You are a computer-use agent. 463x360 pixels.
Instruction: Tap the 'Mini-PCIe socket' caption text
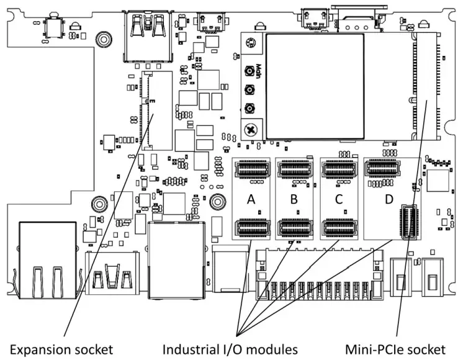click(x=396, y=349)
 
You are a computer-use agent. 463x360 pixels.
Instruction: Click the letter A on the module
click(x=251, y=199)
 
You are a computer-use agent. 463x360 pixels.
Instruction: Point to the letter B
click(x=294, y=199)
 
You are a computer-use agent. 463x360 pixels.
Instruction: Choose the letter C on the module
click(x=338, y=199)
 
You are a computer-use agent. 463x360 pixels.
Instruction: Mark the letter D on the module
click(x=389, y=199)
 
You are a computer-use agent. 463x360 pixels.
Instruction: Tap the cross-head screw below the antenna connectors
click(x=251, y=130)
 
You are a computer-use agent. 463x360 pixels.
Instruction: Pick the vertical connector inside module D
click(x=407, y=220)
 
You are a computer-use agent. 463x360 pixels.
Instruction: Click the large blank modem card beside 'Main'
click(x=315, y=86)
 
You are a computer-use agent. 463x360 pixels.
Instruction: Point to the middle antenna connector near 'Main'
click(x=251, y=89)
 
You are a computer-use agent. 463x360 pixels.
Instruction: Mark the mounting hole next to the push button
click(x=75, y=27)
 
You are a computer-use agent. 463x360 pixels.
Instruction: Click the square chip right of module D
click(x=438, y=181)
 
